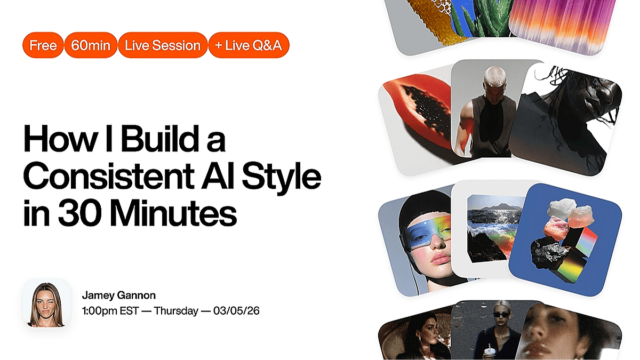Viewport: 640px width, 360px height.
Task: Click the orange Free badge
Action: tap(43, 45)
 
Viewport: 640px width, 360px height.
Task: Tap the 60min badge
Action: tap(91, 45)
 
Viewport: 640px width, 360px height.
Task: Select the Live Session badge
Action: tap(163, 45)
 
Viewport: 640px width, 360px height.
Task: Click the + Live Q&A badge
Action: tap(249, 45)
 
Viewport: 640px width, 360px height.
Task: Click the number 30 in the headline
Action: tap(80, 213)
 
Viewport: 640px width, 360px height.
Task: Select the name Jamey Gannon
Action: tap(119, 295)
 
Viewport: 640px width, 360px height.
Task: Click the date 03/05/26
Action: tap(236, 310)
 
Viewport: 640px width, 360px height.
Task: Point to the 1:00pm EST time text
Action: tap(110, 310)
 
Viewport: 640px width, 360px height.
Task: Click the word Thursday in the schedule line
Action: tap(176, 310)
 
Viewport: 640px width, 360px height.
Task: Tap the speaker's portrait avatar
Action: tap(46, 303)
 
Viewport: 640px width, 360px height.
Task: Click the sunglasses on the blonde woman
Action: tap(501, 315)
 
